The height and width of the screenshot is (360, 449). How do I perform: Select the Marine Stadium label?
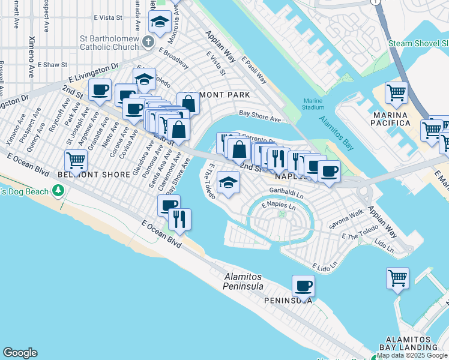click(x=313, y=104)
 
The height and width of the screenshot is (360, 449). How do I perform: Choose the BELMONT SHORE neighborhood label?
click(x=94, y=175)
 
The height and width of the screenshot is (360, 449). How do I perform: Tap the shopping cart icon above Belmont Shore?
click(x=76, y=160)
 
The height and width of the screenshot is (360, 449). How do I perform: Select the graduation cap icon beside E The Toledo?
click(x=228, y=182)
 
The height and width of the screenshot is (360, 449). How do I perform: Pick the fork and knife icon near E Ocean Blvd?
click(x=179, y=219)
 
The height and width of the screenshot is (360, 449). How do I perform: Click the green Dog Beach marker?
click(x=58, y=191)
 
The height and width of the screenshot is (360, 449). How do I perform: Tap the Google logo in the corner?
click(x=20, y=353)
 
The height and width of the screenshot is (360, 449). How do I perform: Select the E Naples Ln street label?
click(x=279, y=205)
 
